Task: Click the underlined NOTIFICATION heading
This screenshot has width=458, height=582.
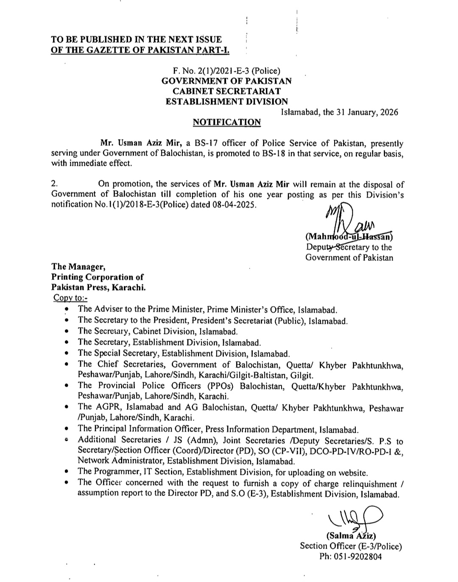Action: click(226, 122)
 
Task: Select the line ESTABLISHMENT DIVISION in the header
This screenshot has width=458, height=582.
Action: click(226, 101)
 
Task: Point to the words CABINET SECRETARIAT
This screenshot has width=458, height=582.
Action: click(226, 91)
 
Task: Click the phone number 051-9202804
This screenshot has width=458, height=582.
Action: click(351, 557)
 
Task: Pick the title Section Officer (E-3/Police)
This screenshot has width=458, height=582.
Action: click(351, 546)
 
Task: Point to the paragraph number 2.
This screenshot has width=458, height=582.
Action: click(54, 184)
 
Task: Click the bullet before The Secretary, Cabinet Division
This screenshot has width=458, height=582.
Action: click(67, 332)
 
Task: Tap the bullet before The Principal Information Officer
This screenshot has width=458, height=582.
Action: click(67, 429)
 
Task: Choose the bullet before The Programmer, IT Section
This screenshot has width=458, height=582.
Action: click(67, 472)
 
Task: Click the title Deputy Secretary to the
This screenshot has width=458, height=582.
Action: click(349, 247)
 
